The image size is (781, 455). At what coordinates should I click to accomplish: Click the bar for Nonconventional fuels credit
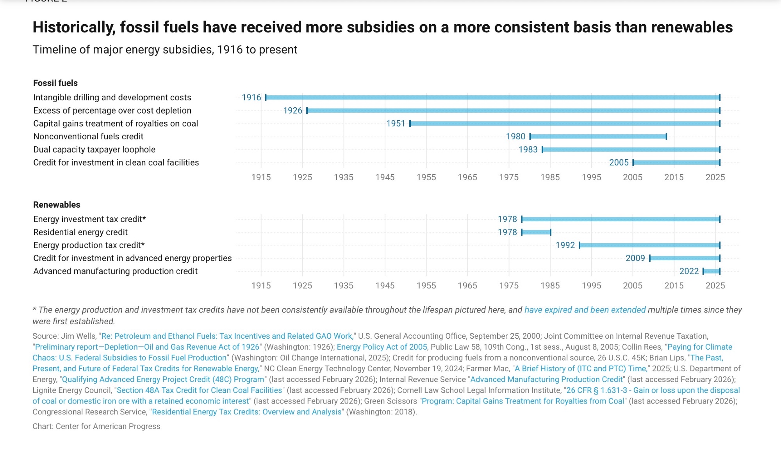click(x=598, y=137)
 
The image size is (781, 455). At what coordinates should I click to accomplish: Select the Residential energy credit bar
click(x=536, y=232)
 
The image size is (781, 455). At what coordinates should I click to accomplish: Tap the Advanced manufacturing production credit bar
click(x=711, y=271)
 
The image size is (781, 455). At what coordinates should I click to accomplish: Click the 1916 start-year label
click(x=251, y=98)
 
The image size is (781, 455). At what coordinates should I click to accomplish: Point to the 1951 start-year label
click(x=396, y=124)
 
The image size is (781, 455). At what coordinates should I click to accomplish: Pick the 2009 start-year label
click(x=635, y=258)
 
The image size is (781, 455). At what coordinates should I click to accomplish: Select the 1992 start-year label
click(x=565, y=245)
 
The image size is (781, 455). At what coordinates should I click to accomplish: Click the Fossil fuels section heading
click(x=55, y=83)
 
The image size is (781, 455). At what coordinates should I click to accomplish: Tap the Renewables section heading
click(x=57, y=205)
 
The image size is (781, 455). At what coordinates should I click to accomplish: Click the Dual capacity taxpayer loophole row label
click(x=94, y=150)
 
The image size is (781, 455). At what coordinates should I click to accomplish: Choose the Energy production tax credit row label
click(x=89, y=245)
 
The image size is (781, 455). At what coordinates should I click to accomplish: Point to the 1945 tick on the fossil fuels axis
click(x=385, y=178)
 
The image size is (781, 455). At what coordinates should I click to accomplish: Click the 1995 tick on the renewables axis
click(x=591, y=286)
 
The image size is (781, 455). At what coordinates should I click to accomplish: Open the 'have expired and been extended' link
click(x=585, y=310)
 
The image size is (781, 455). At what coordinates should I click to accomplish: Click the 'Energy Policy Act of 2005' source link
click(x=382, y=347)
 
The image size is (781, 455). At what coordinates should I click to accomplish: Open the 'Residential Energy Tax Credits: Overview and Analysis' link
click(x=247, y=412)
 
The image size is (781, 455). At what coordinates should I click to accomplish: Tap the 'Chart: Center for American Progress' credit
click(x=96, y=427)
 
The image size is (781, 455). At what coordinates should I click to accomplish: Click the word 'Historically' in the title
click(x=74, y=27)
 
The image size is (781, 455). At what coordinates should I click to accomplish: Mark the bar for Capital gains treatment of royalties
click(x=565, y=124)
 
